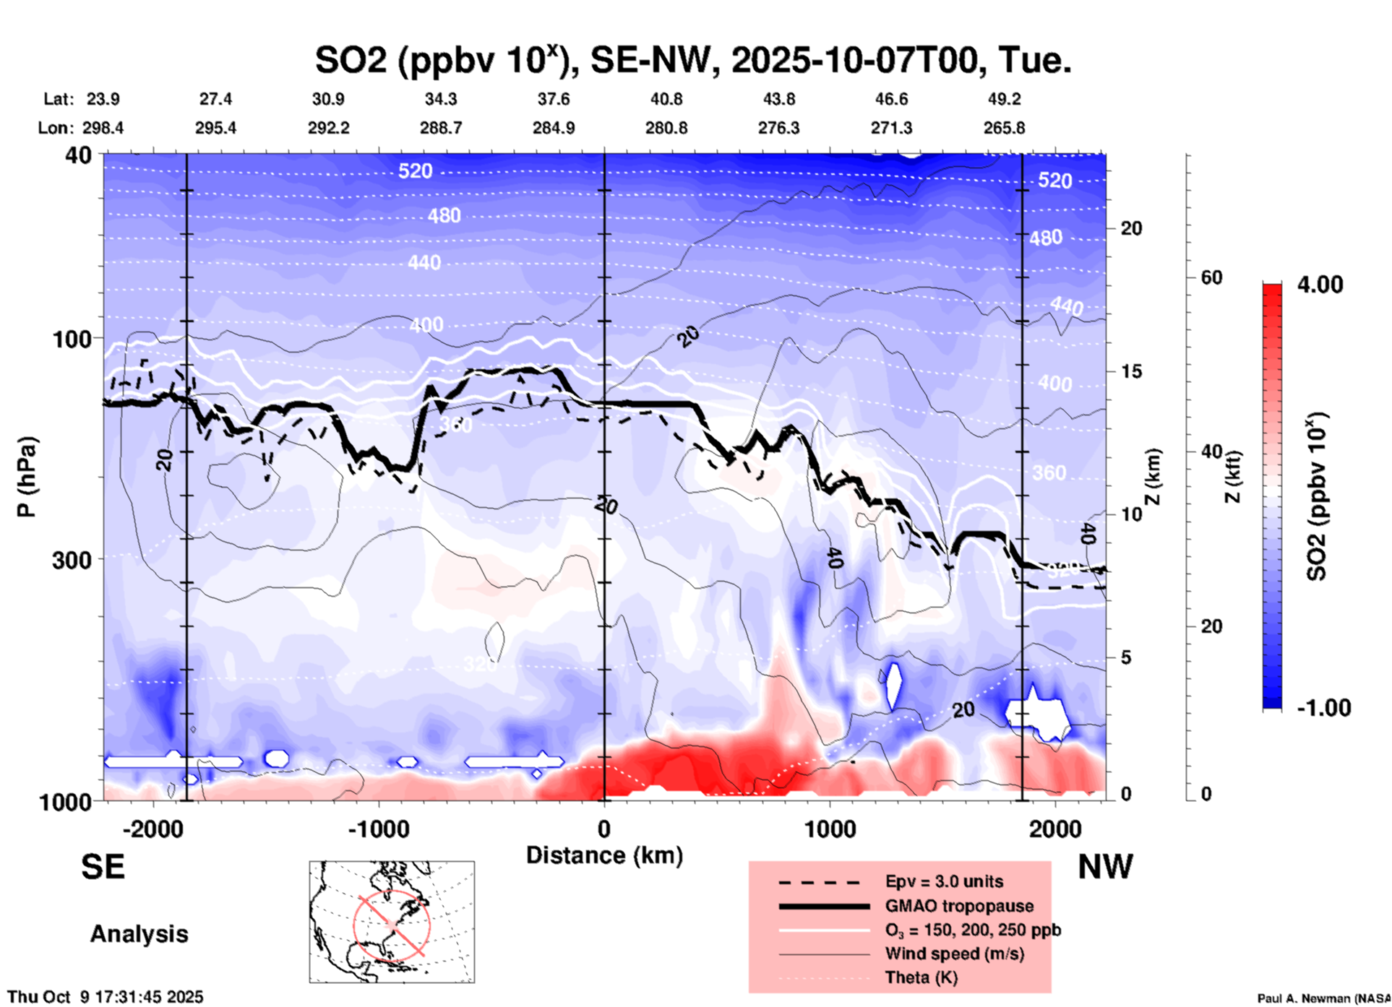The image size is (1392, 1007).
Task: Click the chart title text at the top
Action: (692, 60)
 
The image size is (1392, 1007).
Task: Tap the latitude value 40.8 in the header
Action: (666, 99)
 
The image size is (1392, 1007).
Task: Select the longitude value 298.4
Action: (103, 128)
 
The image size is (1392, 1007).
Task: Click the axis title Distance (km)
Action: (604, 855)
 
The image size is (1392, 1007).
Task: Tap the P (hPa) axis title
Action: (27, 477)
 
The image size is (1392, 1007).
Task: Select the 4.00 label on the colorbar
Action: (1320, 285)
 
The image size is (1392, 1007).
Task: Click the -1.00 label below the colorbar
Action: (1323, 708)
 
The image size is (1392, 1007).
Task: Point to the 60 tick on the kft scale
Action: (1211, 277)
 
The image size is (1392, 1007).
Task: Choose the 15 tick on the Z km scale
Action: (1131, 371)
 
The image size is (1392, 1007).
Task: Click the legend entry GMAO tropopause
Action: (959, 906)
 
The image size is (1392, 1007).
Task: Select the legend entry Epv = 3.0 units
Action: (944, 881)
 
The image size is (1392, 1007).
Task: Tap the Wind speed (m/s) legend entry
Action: (954, 954)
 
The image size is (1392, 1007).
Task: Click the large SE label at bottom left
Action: (103, 867)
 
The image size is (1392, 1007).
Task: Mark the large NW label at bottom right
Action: (1105, 867)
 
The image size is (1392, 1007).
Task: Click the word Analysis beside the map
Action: (139, 934)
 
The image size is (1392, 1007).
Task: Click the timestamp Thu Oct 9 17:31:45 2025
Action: (106, 997)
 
